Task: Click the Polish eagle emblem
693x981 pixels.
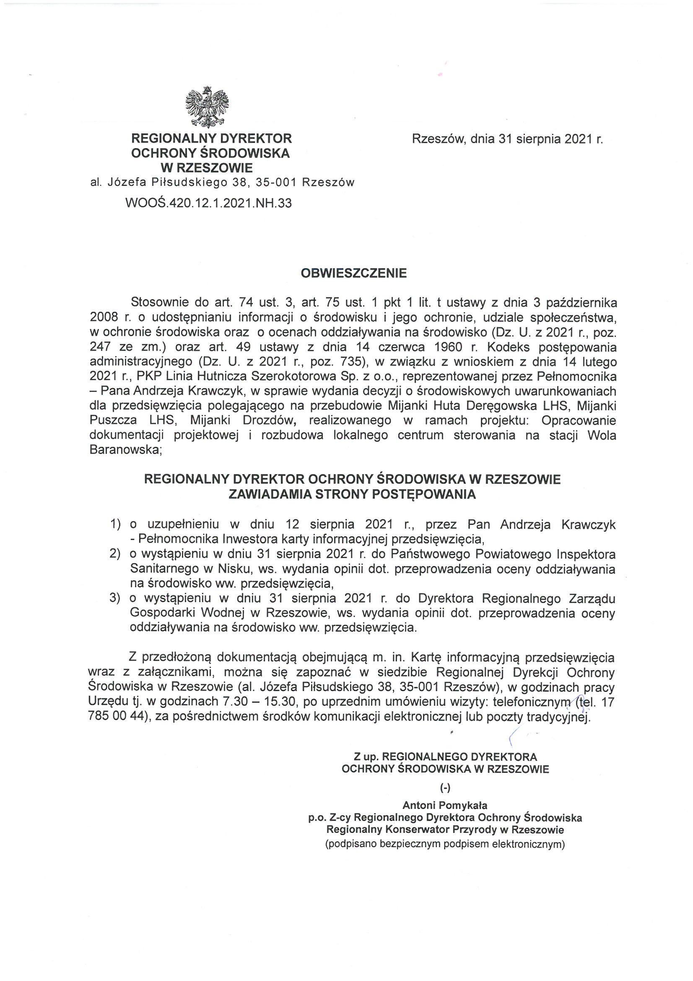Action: click(x=207, y=107)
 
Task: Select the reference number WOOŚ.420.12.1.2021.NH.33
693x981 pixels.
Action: click(x=208, y=203)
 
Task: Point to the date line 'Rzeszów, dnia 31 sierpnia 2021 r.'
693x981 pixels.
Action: click(x=507, y=139)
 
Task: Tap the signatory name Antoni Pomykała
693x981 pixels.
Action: click(x=445, y=806)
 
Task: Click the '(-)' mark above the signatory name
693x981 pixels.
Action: click(x=445, y=788)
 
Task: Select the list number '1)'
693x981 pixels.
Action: click(x=116, y=524)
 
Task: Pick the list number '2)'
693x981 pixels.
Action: click(x=116, y=554)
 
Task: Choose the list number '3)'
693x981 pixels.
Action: click(x=116, y=598)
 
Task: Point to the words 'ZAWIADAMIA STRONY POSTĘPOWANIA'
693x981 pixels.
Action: click(x=352, y=494)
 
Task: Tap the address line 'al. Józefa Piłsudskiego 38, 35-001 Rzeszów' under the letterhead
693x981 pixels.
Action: click(x=222, y=183)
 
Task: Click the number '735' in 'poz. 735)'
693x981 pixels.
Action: click(x=351, y=362)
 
